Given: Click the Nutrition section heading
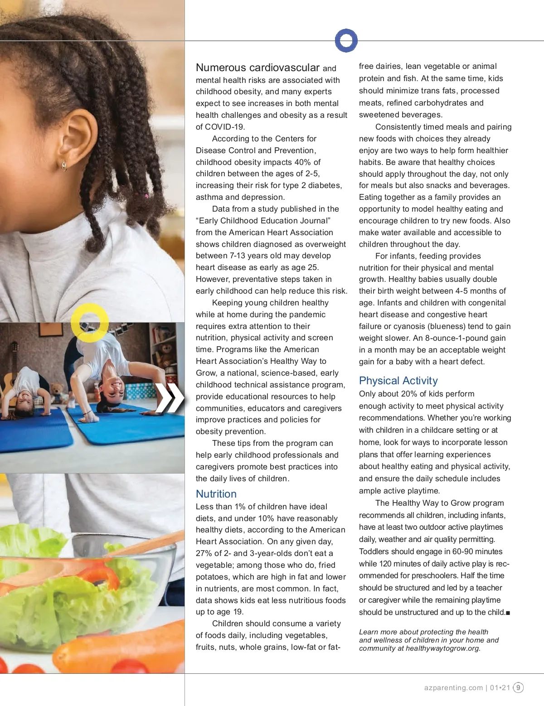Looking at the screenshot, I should pyautogui.click(x=216, y=494).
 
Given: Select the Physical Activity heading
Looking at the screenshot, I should pyautogui.click(x=398, y=381).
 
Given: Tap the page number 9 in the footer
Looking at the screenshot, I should pyautogui.click(x=518, y=687).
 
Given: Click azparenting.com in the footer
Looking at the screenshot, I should pyautogui.click(x=453, y=687).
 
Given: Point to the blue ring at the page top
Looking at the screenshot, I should pyautogui.click(x=346, y=40).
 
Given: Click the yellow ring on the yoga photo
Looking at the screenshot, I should pyautogui.click(x=90, y=323).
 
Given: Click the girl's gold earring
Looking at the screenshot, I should pyautogui.click(x=64, y=166).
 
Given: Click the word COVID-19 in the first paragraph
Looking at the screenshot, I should pyautogui.click(x=224, y=127).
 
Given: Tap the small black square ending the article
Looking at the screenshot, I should pyautogui.click(x=508, y=613).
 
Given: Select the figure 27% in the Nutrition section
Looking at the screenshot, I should pyautogui.click(x=204, y=553).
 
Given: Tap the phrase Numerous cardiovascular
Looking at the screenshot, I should pyautogui.click(x=257, y=68).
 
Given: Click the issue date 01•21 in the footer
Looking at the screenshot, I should pyautogui.click(x=500, y=687).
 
